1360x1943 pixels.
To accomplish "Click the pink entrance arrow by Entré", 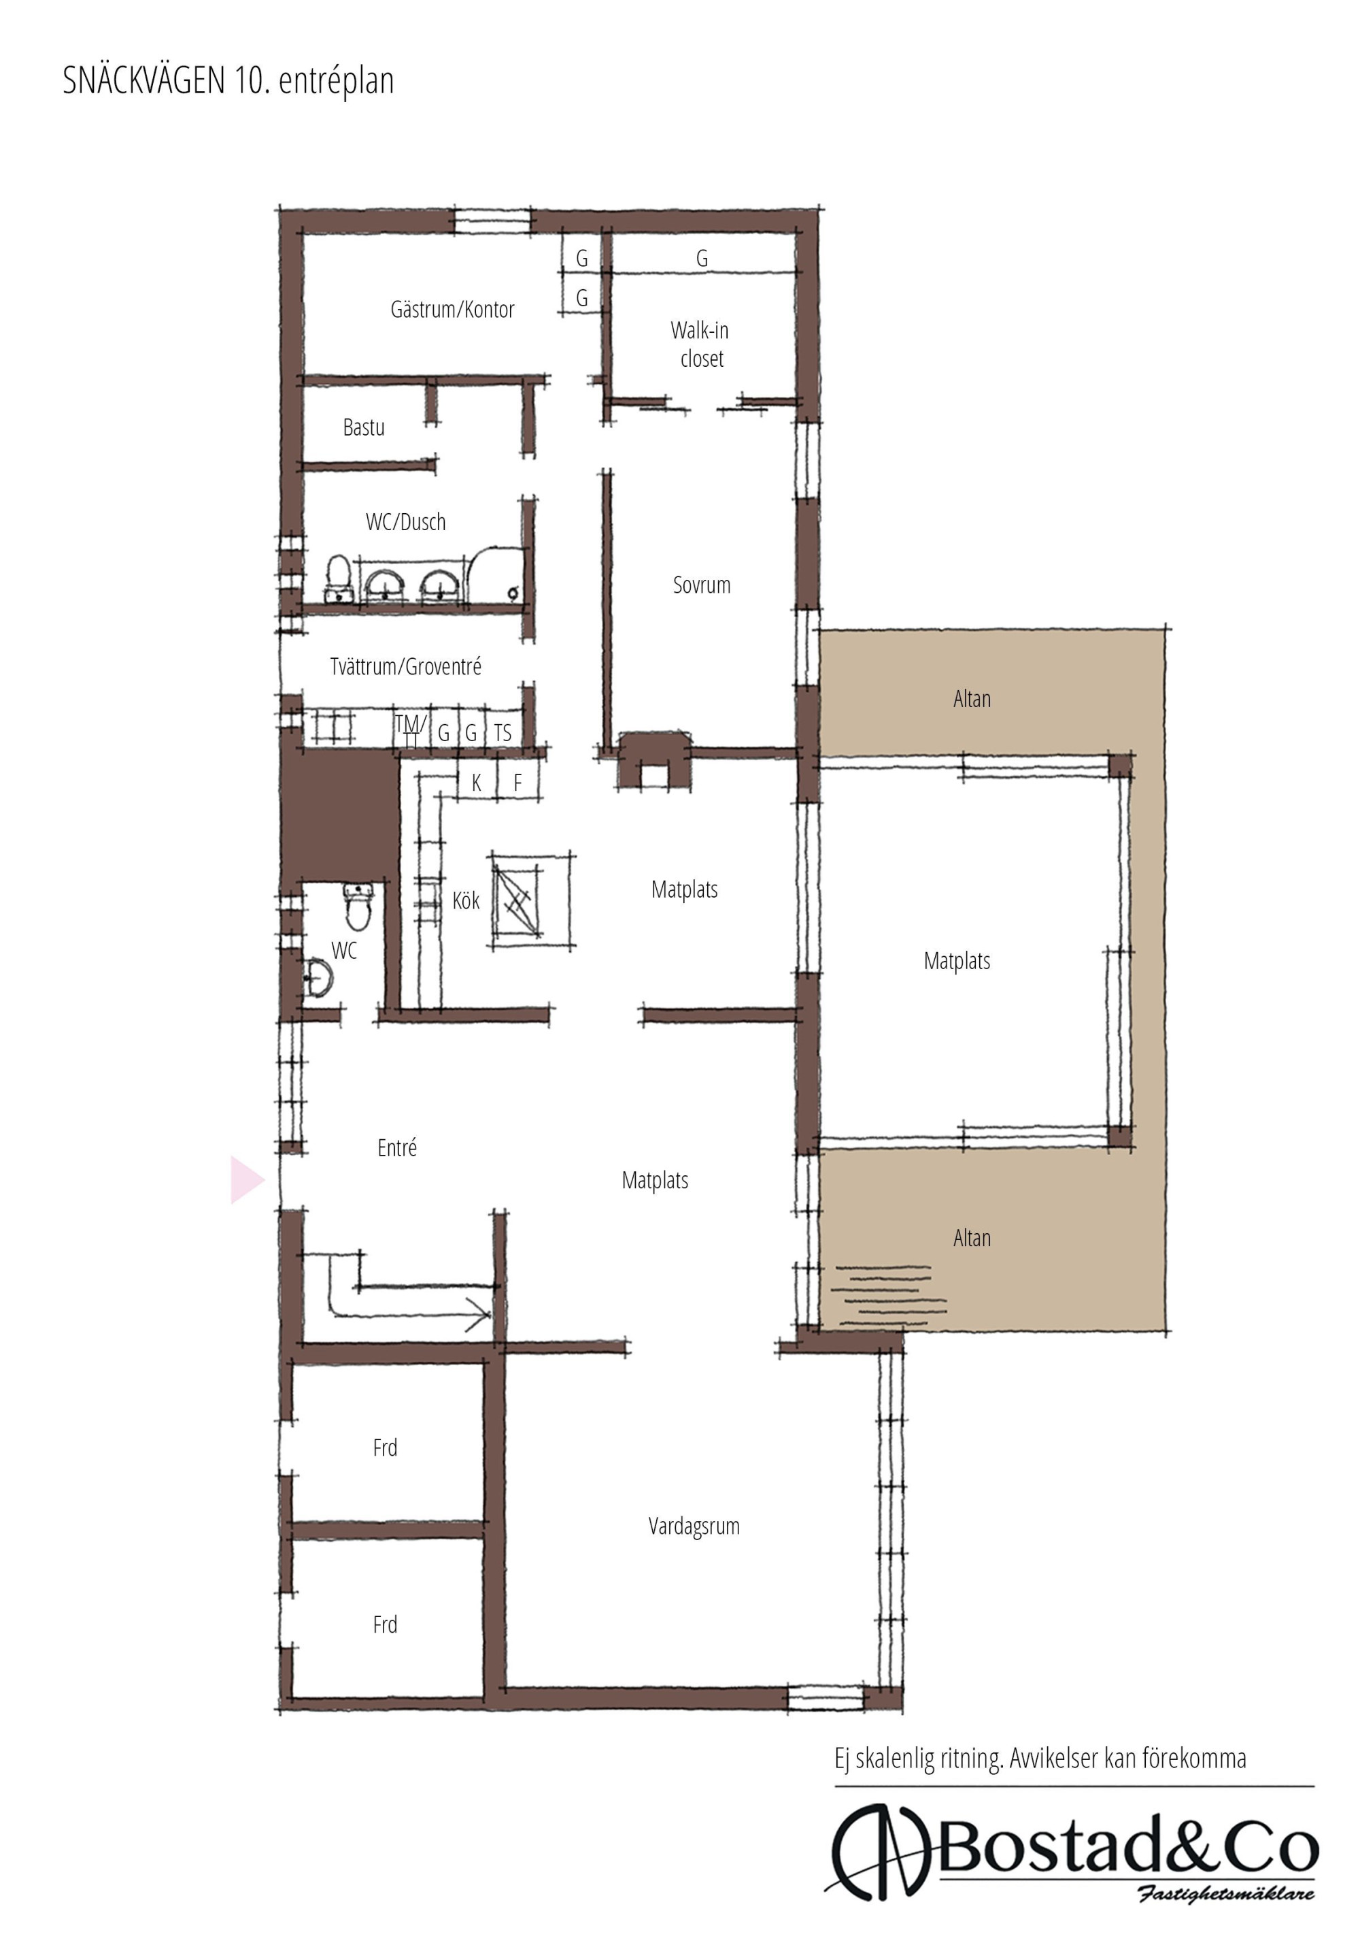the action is point(245,1179).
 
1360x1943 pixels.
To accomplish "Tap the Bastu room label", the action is point(364,427).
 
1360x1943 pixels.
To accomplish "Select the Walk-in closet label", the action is point(700,344).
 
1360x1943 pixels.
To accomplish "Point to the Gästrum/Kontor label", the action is point(452,309).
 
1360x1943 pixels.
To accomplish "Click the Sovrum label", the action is point(701,585).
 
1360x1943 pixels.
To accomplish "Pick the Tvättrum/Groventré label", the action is point(406,666).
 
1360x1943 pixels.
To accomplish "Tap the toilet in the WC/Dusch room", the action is point(339,578).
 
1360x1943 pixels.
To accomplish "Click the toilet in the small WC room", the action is point(358,904).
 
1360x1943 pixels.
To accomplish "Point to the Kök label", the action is point(466,900).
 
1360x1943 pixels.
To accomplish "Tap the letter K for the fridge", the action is point(476,783).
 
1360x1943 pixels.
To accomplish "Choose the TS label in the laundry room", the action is point(503,732).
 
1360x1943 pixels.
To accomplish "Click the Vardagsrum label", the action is point(694,1526).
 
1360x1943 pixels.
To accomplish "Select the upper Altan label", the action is point(972,698).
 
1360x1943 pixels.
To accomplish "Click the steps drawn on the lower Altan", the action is point(888,1296).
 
